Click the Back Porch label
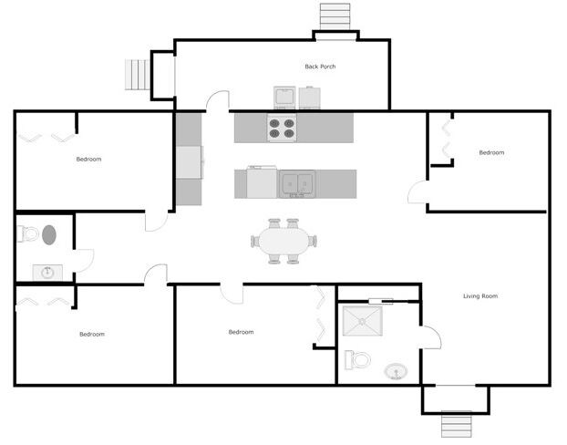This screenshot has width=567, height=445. pyautogui.click(x=320, y=67)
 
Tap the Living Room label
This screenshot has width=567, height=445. pyautogui.click(x=479, y=296)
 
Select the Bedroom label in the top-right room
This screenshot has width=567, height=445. pyautogui.click(x=491, y=152)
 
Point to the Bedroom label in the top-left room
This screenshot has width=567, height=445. pyautogui.click(x=88, y=160)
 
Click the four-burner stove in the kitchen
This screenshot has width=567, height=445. pyautogui.click(x=282, y=129)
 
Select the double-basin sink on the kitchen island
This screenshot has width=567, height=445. pyautogui.click(x=297, y=183)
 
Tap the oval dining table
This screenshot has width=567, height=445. pyautogui.click(x=283, y=242)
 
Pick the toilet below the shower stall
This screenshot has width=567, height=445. pyautogui.click(x=357, y=359)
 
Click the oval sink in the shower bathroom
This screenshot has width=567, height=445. pyautogui.click(x=396, y=371)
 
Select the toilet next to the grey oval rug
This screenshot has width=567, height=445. pyautogui.click(x=27, y=234)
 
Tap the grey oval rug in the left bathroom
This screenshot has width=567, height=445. pyautogui.click(x=49, y=234)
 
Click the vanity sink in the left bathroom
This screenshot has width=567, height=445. pyautogui.click(x=47, y=272)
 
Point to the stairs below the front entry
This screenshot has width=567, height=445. pyautogui.click(x=456, y=424)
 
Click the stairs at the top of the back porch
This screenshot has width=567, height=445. pyautogui.click(x=335, y=16)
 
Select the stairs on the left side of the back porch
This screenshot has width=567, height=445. pyautogui.click(x=137, y=75)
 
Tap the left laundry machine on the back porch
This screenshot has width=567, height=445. pyautogui.click(x=283, y=98)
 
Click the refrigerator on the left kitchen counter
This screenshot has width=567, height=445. pyautogui.click(x=190, y=162)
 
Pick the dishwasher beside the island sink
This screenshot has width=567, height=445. pyautogui.click(x=262, y=183)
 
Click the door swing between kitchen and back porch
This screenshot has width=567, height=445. pyautogui.click(x=217, y=100)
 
